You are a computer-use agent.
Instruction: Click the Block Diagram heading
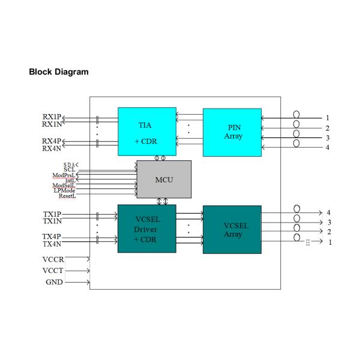coord(59,72)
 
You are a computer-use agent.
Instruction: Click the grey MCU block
coord(164,179)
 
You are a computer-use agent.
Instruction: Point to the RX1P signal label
coord(52,116)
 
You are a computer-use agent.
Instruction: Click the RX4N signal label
coord(52,148)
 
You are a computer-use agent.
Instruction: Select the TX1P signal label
coord(52,214)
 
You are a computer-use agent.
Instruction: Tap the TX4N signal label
coord(52,244)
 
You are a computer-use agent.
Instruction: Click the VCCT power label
coord(53,271)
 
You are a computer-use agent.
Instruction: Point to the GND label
coord(55,281)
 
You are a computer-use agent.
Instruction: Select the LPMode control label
coord(64,191)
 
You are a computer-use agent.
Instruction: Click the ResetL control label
coord(67,196)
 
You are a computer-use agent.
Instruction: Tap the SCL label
coord(69,169)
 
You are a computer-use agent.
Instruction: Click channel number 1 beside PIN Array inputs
coord(328,118)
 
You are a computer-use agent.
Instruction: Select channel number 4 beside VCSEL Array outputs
coord(328,213)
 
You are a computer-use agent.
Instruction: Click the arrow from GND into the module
coord(78,281)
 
